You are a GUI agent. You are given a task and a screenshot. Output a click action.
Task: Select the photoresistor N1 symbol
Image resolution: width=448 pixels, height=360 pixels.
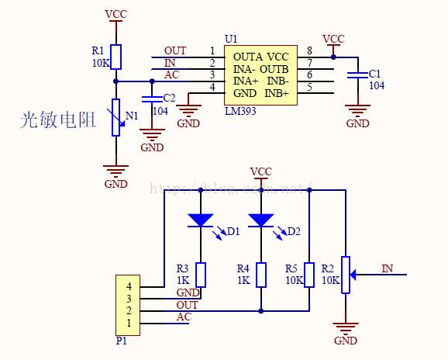[x=116, y=117]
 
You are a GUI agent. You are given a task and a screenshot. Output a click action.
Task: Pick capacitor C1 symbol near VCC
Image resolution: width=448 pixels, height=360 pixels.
[x=357, y=74]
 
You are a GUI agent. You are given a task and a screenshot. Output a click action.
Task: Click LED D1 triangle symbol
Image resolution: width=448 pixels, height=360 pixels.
[x=201, y=220]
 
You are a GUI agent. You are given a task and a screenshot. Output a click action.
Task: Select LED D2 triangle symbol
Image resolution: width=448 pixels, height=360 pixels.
[x=261, y=220]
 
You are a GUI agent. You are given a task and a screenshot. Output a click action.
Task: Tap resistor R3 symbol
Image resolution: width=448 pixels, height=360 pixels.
[x=201, y=275]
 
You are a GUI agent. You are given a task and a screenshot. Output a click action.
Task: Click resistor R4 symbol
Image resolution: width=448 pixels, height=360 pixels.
[x=261, y=275]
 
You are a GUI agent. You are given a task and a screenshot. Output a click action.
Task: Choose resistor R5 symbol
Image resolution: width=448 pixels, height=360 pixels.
[x=309, y=275]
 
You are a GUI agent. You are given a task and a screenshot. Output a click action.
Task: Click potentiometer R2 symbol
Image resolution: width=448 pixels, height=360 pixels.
[x=346, y=275]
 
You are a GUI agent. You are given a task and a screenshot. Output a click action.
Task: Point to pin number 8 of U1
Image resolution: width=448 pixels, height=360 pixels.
[x=309, y=50]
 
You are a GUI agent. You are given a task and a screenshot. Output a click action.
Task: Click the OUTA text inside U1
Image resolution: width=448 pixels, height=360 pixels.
[x=247, y=57]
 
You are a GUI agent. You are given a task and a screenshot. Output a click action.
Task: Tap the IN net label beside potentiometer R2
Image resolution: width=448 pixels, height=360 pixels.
[x=387, y=268]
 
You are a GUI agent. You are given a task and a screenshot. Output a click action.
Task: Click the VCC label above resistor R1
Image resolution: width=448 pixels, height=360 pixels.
[x=116, y=14]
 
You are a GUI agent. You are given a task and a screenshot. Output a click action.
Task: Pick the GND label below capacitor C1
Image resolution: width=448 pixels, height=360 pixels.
[x=357, y=123]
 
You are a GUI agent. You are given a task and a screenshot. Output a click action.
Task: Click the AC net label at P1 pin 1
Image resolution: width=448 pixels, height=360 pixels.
[x=184, y=317]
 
